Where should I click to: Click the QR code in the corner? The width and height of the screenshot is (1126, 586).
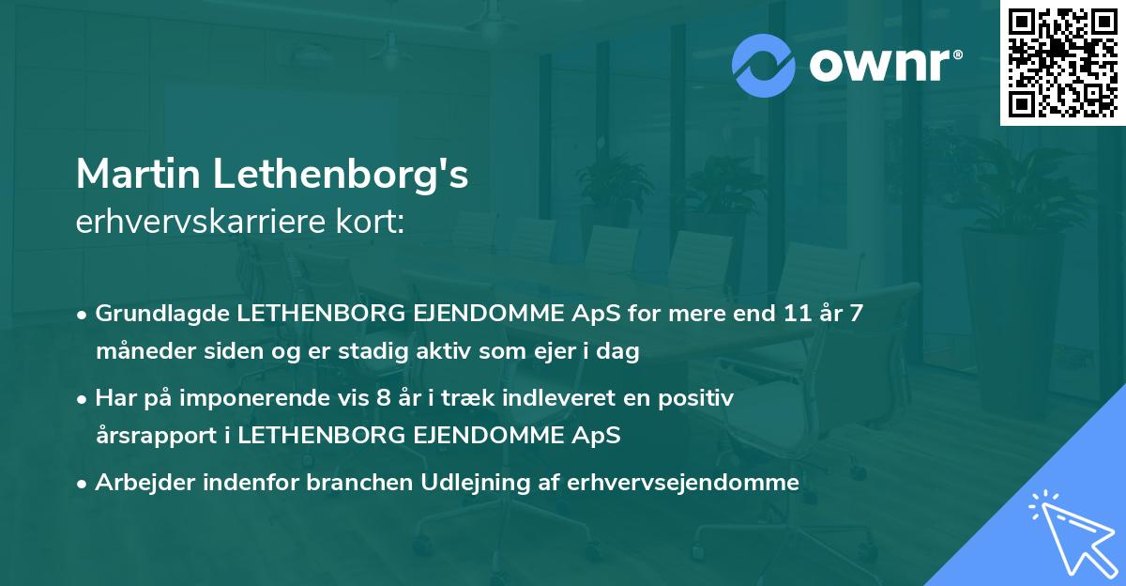tap(1062, 63)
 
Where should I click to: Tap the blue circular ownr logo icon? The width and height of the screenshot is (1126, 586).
tap(764, 65)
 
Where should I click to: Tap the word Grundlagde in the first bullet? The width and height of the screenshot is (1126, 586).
tap(152, 314)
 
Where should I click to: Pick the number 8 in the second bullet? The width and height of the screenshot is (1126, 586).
tap(381, 398)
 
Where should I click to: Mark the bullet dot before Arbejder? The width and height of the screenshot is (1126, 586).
tap(84, 484)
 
